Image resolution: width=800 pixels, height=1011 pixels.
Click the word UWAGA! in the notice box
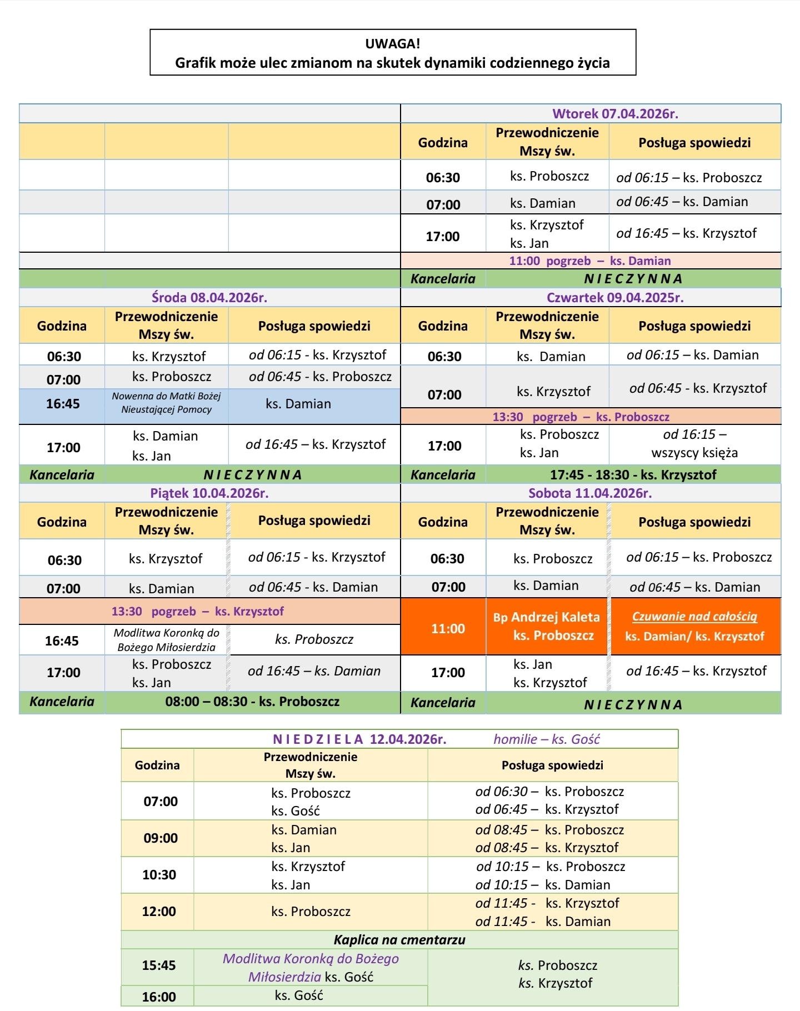click(392, 43)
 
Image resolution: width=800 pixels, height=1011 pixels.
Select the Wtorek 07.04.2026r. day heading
click(615, 114)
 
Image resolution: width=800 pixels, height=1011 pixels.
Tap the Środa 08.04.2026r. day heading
click(209, 298)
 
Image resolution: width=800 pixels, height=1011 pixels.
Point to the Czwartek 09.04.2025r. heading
click(615, 298)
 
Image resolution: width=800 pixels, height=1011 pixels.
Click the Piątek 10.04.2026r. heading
click(209, 493)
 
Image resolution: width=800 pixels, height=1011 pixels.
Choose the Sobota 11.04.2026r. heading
click(590, 493)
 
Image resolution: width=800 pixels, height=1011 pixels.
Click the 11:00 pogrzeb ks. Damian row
click(590, 261)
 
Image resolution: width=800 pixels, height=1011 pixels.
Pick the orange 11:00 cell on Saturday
click(448, 629)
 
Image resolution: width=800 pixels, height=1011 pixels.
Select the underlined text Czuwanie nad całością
click(694, 617)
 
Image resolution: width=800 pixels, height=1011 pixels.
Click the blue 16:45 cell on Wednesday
click(63, 404)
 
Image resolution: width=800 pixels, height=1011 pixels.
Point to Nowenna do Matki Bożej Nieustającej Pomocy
click(166, 403)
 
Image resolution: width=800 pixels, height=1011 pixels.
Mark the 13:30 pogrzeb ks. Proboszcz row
click(581, 417)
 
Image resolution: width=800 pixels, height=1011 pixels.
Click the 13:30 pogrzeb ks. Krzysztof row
click(198, 612)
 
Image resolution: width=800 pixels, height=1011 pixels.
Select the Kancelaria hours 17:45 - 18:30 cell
click(633, 475)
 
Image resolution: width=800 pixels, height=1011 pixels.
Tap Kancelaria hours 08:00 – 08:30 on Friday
click(252, 702)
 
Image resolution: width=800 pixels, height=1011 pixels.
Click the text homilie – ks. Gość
click(547, 739)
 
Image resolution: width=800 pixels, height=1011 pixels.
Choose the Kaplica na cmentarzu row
click(399, 940)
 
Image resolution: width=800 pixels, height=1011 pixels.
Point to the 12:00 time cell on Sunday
click(159, 912)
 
